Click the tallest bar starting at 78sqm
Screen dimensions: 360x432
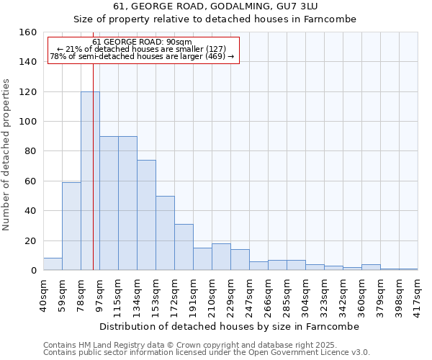tap(90, 181)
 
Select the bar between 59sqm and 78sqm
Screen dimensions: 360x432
tap(71, 226)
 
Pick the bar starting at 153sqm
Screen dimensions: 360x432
tap(165, 233)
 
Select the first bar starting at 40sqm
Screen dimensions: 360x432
tap(53, 264)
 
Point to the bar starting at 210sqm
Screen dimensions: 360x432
tap(221, 257)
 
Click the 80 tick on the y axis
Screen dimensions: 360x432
tap(30, 151)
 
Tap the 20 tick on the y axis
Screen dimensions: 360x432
tap(30, 241)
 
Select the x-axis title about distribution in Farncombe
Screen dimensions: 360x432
tap(229, 326)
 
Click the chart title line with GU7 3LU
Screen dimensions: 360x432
tap(216, 6)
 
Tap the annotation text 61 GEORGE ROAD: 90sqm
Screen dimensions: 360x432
tap(143, 42)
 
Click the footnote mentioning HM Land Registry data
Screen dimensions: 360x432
tap(195, 345)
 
